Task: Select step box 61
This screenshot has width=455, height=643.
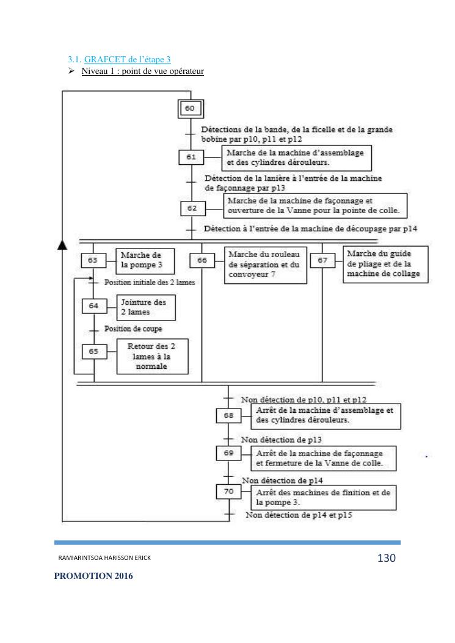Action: (x=191, y=157)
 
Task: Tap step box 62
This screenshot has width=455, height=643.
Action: (x=192, y=208)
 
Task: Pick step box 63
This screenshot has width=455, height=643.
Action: (x=93, y=260)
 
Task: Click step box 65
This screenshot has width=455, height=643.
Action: (x=93, y=352)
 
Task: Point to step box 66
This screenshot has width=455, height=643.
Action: (x=202, y=260)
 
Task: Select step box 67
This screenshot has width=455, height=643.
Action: (x=322, y=261)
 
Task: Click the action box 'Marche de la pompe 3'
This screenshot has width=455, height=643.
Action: (x=145, y=261)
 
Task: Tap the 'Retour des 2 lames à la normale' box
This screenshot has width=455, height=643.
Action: (x=152, y=356)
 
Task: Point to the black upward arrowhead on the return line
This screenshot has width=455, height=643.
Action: (x=61, y=245)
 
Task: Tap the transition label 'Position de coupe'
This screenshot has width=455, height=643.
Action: (x=125, y=329)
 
